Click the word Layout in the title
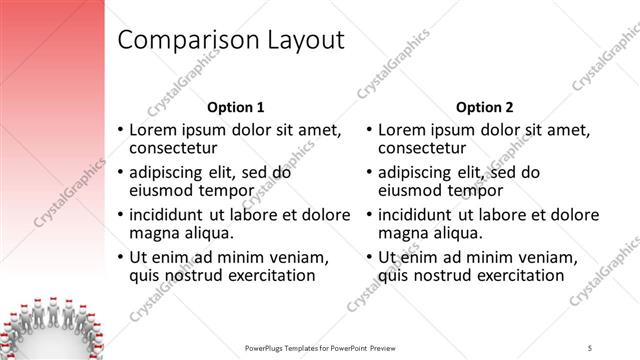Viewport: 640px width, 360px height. (x=302, y=41)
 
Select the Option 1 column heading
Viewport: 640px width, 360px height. (x=236, y=107)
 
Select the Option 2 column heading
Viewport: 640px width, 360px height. (x=483, y=107)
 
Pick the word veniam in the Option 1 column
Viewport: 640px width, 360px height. (x=308, y=256)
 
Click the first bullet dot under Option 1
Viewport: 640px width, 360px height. (x=121, y=131)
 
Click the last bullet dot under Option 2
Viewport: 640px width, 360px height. (x=369, y=257)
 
